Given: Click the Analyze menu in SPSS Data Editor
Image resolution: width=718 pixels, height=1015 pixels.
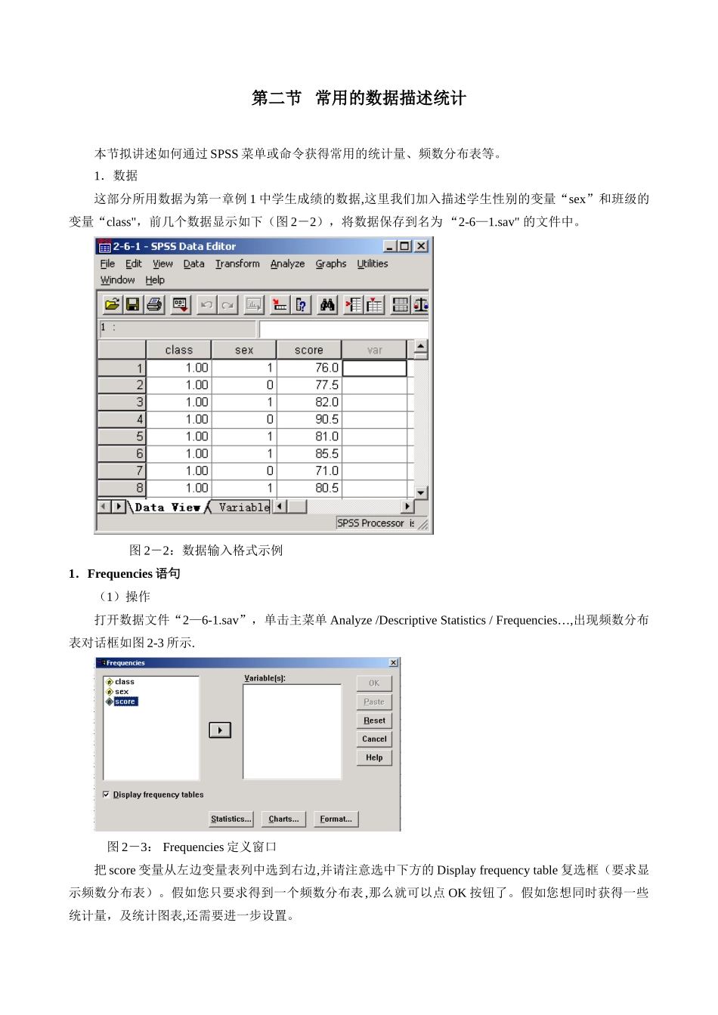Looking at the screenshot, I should pyautogui.click(x=287, y=264).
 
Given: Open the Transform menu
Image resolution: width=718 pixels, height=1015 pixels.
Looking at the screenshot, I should pyautogui.click(x=237, y=264).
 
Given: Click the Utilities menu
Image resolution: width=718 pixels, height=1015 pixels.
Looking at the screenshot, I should pyautogui.click(x=372, y=264).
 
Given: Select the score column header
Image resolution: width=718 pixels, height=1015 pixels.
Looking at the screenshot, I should pyautogui.click(x=308, y=350).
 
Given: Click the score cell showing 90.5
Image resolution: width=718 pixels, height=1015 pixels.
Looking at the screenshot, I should pyautogui.click(x=310, y=419).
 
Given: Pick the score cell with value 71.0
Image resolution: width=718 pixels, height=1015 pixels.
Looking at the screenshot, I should pyautogui.click(x=310, y=470).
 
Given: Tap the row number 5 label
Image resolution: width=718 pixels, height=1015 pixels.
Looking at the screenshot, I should pyautogui.click(x=122, y=437).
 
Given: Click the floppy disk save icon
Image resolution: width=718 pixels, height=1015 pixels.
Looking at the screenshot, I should pyautogui.click(x=132, y=304).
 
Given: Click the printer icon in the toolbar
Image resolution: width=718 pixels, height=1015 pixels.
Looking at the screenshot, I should pyautogui.click(x=154, y=304).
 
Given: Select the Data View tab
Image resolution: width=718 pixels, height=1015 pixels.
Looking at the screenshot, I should pyautogui.click(x=167, y=507).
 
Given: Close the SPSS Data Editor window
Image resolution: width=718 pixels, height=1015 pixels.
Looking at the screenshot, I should pyautogui.click(x=421, y=246).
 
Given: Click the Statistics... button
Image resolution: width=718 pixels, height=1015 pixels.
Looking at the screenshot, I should pyautogui.click(x=231, y=819).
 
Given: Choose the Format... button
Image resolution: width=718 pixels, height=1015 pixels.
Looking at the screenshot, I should pyautogui.click(x=336, y=819).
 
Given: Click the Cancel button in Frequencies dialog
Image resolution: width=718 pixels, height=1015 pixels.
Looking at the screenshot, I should pyautogui.click(x=374, y=739).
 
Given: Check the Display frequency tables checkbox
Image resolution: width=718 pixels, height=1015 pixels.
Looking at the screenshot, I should pyautogui.click(x=106, y=794).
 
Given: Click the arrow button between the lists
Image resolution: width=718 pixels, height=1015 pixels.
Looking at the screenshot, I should pyautogui.click(x=220, y=730).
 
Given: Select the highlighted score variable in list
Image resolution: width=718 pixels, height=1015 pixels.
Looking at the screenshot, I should pyautogui.click(x=125, y=702).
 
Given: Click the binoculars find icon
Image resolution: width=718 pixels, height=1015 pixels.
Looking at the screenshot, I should pyautogui.click(x=327, y=304).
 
